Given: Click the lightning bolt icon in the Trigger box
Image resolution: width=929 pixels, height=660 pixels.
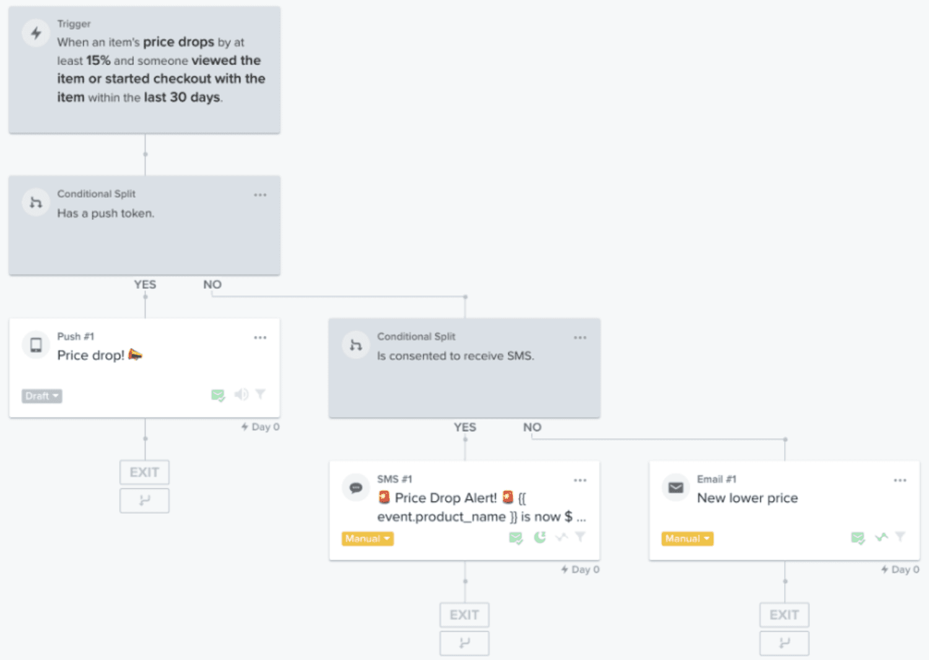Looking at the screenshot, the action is [x=36, y=33].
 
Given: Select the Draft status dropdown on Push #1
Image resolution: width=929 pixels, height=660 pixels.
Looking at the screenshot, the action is [x=42, y=396].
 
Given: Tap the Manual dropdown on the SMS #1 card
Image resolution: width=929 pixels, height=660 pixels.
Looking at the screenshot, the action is [x=367, y=539].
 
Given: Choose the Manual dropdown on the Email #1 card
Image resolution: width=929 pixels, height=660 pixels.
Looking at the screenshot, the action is [x=687, y=539].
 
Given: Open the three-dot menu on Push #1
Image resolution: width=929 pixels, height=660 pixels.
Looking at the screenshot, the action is [x=260, y=338].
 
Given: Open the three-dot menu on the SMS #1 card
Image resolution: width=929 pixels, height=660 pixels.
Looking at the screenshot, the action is [x=580, y=480].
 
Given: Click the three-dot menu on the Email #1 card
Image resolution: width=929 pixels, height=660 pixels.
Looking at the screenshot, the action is [x=900, y=480].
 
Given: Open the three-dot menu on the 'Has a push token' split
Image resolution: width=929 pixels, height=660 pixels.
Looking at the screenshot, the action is [x=260, y=195].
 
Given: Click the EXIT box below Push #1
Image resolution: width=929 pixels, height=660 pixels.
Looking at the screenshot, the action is [x=144, y=472].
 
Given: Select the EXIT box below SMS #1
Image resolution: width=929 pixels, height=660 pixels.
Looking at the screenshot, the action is [x=464, y=615].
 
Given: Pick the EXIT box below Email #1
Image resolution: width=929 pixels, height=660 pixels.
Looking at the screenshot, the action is [x=784, y=615].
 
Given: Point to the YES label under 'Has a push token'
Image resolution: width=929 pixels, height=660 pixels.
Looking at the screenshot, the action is [x=145, y=284].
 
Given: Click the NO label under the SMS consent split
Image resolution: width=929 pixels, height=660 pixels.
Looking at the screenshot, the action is [x=532, y=427].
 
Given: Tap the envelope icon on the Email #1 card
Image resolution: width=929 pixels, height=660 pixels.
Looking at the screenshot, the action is [x=676, y=487].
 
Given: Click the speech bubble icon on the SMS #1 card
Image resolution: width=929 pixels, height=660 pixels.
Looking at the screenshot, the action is [x=355, y=487].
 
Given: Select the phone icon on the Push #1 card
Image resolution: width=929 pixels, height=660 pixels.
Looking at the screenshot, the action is [x=36, y=345].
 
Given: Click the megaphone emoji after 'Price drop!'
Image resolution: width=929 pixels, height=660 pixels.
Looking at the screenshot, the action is [x=135, y=354].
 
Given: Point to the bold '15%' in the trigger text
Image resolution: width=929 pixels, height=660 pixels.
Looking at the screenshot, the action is [x=98, y=61].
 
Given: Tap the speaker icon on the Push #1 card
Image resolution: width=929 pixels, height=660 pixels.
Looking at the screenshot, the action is [x=241, y=394].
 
